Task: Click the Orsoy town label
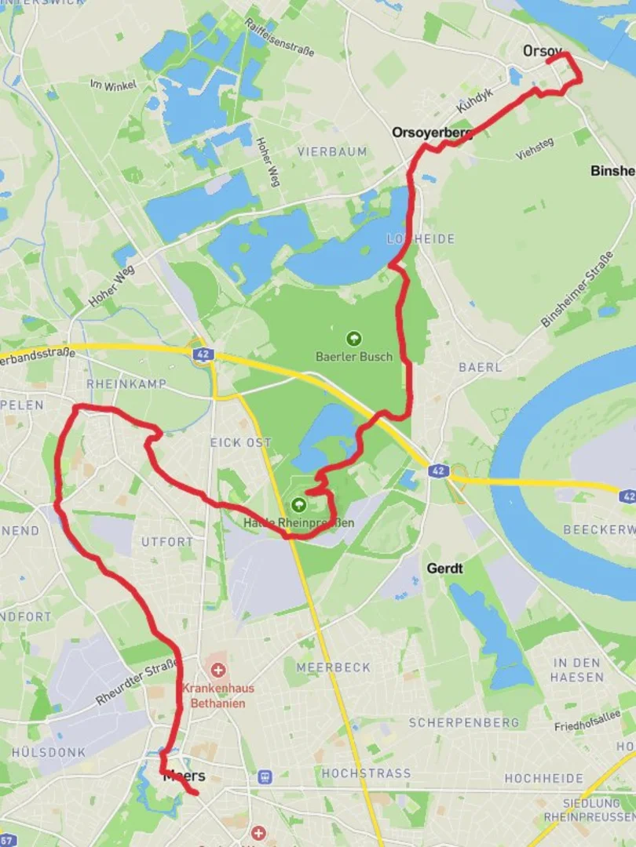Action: (543, 52)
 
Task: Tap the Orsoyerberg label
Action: (433, 133)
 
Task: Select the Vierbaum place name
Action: (332, 151)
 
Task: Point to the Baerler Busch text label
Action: (353, 357)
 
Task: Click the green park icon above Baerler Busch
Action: (353, 339)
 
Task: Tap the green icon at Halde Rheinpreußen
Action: (298, 504)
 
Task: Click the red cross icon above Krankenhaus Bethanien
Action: (217, 671)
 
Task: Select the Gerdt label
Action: (444, 568)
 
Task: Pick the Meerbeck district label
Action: (333, 667)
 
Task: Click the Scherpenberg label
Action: (463, 722)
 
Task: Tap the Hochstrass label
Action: (366, 773)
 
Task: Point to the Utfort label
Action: (166, 542)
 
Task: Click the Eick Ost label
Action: (240, 443)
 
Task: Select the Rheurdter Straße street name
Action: (137, 682)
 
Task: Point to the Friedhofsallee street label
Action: (587, 720)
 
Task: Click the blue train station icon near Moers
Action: (265, 777)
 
